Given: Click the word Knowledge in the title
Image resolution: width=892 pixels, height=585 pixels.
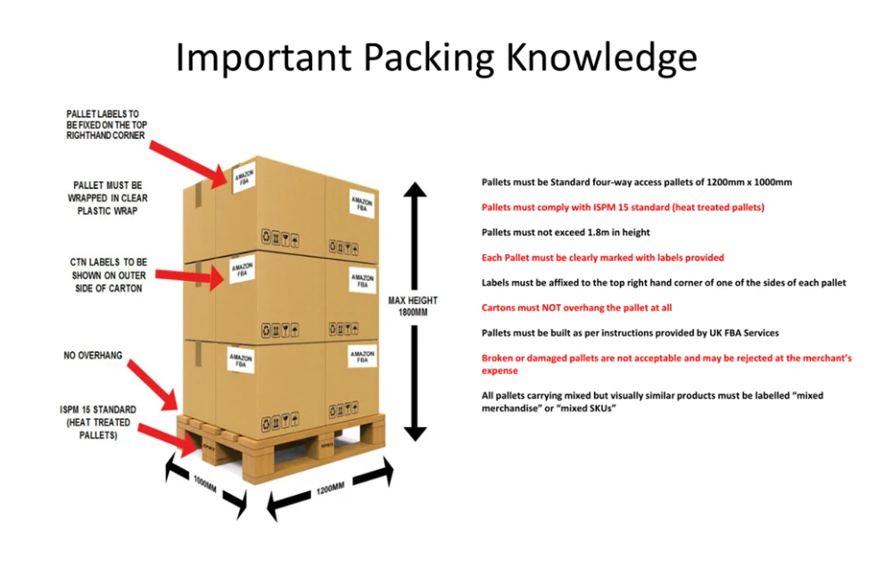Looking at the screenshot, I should (601, 57).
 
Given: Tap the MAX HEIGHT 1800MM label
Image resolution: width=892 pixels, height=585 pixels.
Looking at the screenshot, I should (412, 306).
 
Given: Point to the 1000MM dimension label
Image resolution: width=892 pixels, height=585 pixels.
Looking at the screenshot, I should (205, 488).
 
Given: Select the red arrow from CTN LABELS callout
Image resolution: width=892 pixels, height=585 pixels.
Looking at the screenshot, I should (191, 272).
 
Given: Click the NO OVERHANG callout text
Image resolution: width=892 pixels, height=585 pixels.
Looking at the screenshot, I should (93, 356).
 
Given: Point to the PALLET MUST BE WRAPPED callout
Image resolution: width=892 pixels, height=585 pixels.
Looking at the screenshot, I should (104, 198).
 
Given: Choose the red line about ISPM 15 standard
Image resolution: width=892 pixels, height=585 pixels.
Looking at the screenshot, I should (623, 207).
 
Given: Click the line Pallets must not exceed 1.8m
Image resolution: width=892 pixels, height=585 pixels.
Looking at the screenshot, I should (566, 232).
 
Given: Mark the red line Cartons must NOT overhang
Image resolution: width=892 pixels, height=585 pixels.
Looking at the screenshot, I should (576, 308).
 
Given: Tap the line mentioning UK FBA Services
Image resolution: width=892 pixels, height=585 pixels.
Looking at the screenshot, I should (630, 333).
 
